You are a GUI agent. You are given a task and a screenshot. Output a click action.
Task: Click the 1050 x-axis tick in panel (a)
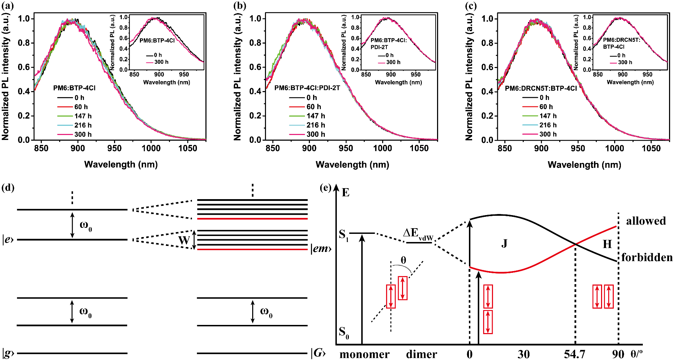click(x=187, y=148)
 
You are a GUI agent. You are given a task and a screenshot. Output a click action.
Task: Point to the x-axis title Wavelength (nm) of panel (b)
click(x=352, y=164)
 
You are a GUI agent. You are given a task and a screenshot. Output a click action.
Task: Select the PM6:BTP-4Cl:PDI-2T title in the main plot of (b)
click(x=307, y=88)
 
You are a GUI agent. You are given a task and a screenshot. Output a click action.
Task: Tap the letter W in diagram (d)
click(x=184, y=240)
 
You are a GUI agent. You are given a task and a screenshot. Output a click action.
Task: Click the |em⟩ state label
click(x=321, y=249)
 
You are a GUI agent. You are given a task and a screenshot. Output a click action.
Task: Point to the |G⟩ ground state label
click(x=318, y=353)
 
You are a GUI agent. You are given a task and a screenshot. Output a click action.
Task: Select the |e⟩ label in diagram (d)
click(x=8, y=240)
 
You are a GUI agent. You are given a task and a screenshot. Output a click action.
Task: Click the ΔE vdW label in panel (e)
click(x=418, y=234)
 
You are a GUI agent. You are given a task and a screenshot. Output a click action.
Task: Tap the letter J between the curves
click(x=504, y=243)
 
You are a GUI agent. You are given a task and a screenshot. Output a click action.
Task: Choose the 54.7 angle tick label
click(x=574, y=354)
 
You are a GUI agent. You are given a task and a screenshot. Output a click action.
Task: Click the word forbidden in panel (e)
click(x=647, y=258)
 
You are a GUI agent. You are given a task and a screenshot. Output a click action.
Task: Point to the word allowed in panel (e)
click(x=646, y=221)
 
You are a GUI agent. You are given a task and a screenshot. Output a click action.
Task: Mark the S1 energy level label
click(x=344, y=235)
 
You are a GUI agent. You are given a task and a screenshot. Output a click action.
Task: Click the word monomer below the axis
click(x=364, y=354)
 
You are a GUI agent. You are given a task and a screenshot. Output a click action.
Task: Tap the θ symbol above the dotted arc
click(x=403, y=260)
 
